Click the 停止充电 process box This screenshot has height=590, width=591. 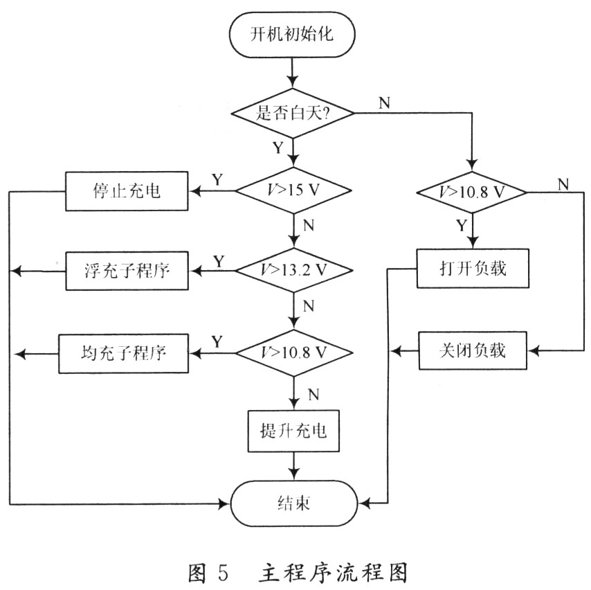[x=126, y=190]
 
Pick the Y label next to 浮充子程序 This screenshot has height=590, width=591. [x=217, y=260]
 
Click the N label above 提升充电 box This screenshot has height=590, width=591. [x=313, y=393]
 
